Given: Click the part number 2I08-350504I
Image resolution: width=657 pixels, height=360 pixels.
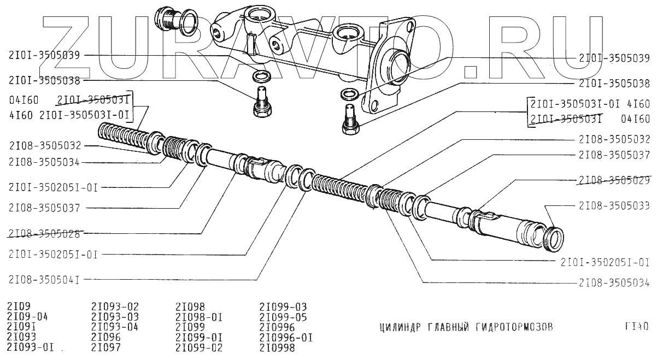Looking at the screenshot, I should tap(44, 280).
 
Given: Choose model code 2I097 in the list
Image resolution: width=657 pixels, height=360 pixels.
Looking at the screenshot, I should tap(106, 347).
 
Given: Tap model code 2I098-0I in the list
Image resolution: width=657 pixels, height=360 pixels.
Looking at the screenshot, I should tap(198, 317).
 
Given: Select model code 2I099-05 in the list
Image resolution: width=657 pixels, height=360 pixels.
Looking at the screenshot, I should tap(283, 317).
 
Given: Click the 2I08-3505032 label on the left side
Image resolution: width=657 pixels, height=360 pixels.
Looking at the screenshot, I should tap(45, 146).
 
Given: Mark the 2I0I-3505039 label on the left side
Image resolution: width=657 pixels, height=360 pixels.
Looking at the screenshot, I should tap(45, 55).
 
